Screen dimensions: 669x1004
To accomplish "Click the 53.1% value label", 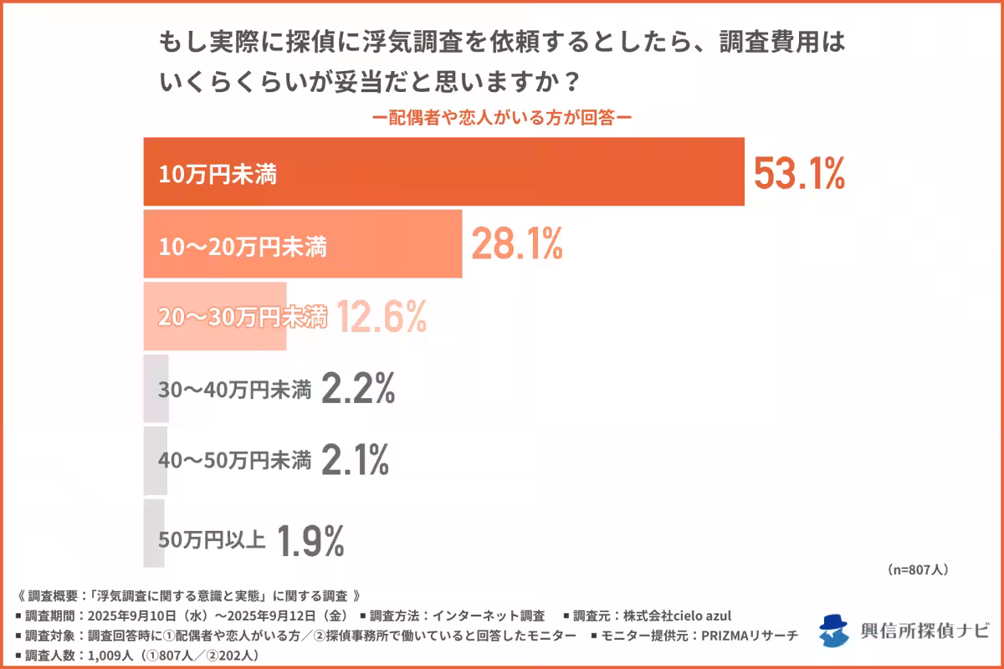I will coord(799,173).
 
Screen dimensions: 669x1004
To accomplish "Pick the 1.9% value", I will coord(310,539).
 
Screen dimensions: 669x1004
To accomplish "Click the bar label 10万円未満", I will coord(218,175).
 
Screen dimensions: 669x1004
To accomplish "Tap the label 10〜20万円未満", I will coord(242,247).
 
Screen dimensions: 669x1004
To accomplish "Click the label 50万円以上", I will coord(212,539).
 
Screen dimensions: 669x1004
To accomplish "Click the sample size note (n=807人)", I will coord(917,569).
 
